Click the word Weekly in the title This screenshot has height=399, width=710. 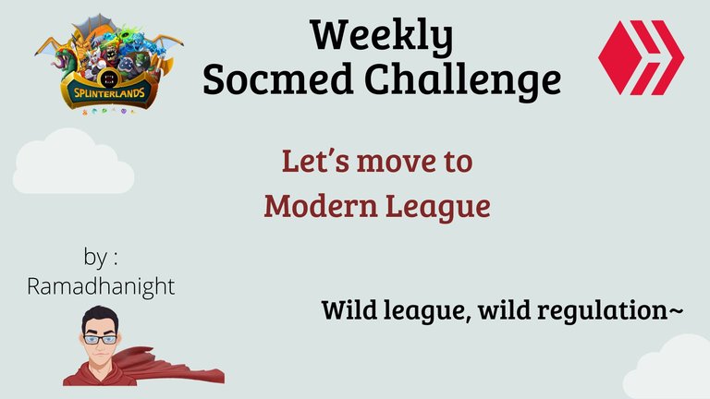tap(382, 35)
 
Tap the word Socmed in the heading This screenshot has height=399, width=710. tap(277, 79)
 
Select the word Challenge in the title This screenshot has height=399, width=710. tap(462, 80)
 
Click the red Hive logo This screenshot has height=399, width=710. tap(641, 57)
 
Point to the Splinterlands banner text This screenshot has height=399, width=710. tap(109, 93)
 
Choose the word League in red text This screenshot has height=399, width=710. tap(438, 207)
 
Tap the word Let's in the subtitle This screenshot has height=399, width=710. tap(315, 161)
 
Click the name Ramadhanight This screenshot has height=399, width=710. tap(101, 287)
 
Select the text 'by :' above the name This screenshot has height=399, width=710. tap(101, 257)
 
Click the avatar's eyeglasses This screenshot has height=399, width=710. tap(100, 339)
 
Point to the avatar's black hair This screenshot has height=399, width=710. tap(100, 319)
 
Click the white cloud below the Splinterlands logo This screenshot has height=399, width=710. tap(73, 162)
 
